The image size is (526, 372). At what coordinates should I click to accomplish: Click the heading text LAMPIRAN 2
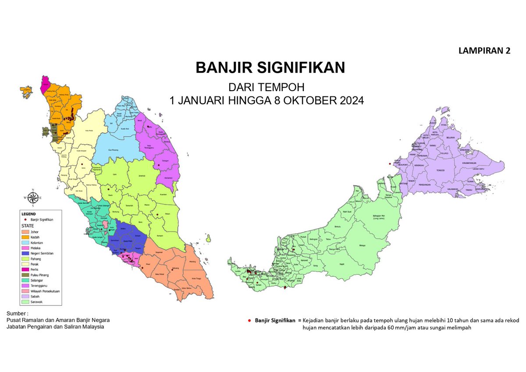[484, 51]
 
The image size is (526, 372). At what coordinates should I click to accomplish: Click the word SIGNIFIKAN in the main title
[300, 68]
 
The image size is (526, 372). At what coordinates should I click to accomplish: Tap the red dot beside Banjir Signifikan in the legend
[26, 220]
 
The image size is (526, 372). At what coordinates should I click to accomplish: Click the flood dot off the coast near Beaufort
[389, 164]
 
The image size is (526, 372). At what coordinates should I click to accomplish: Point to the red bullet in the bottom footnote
[249, 320]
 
